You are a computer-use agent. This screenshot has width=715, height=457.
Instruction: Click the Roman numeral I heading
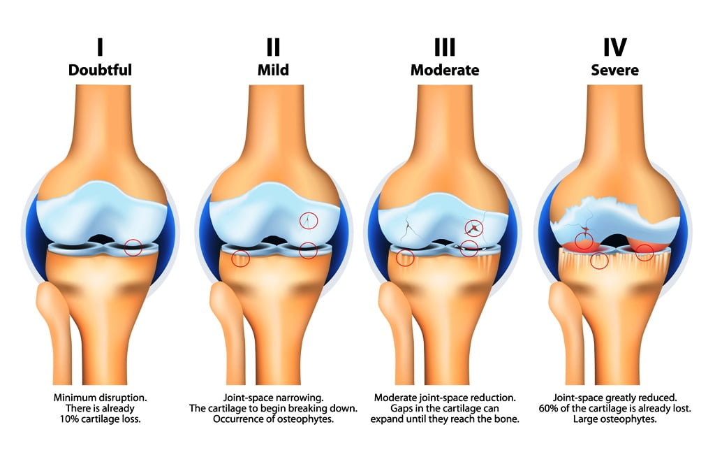(x=100, y=47)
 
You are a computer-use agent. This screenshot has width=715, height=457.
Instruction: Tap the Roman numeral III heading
(x=445, y=47)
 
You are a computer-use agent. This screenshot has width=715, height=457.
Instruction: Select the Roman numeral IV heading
(x=614, y=47)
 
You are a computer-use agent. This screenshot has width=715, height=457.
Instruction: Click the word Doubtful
(x=100, y=70)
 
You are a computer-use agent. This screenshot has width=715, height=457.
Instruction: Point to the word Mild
(x=273, y=70)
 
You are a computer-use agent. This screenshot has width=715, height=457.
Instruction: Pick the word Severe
(x=614, y=70)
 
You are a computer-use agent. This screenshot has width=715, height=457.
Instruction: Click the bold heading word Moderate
(x=445, y=70)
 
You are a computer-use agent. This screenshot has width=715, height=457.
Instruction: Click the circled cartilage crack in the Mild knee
(x=309, y=221)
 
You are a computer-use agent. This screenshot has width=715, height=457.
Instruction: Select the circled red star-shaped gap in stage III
(x=474, y=228)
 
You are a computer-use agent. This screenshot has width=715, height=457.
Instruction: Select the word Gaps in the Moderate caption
(x=401, y=408)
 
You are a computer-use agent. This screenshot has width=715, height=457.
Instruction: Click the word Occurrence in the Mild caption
(x=237, y=419)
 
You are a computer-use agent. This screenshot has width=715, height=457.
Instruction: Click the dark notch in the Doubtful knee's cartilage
(x=100, y=238)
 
